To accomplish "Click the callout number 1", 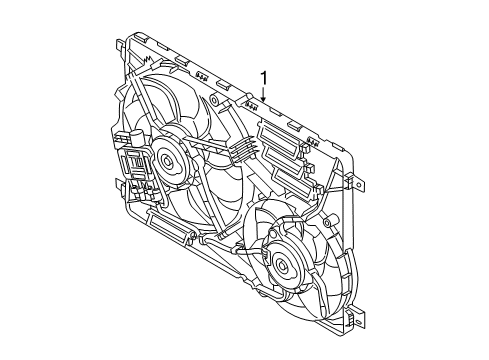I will click(265, 78).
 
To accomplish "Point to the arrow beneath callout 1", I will click(263, 97).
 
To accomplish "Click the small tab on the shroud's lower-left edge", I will click(121, 184).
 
